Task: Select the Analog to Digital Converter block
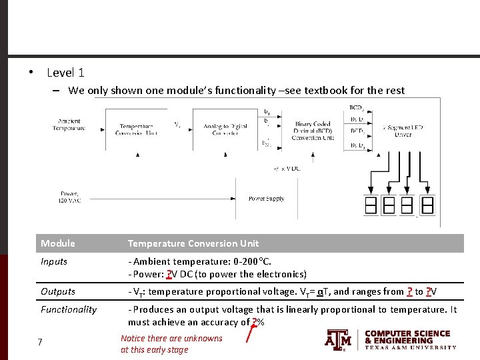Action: (225, 129)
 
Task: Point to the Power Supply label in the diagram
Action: (266, 199)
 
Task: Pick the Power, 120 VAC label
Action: (69, 197)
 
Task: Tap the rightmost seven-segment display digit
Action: (427, 205)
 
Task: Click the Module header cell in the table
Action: (58, 243)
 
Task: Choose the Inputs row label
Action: (54, 261)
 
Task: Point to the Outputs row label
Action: (57, 291)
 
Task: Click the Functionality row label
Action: (69, 309)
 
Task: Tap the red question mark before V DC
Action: (169, 274)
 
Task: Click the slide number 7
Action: (40, 342)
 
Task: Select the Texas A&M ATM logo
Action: (338, 340)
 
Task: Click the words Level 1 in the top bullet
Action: (65, 73)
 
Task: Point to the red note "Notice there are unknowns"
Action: (171, 339)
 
